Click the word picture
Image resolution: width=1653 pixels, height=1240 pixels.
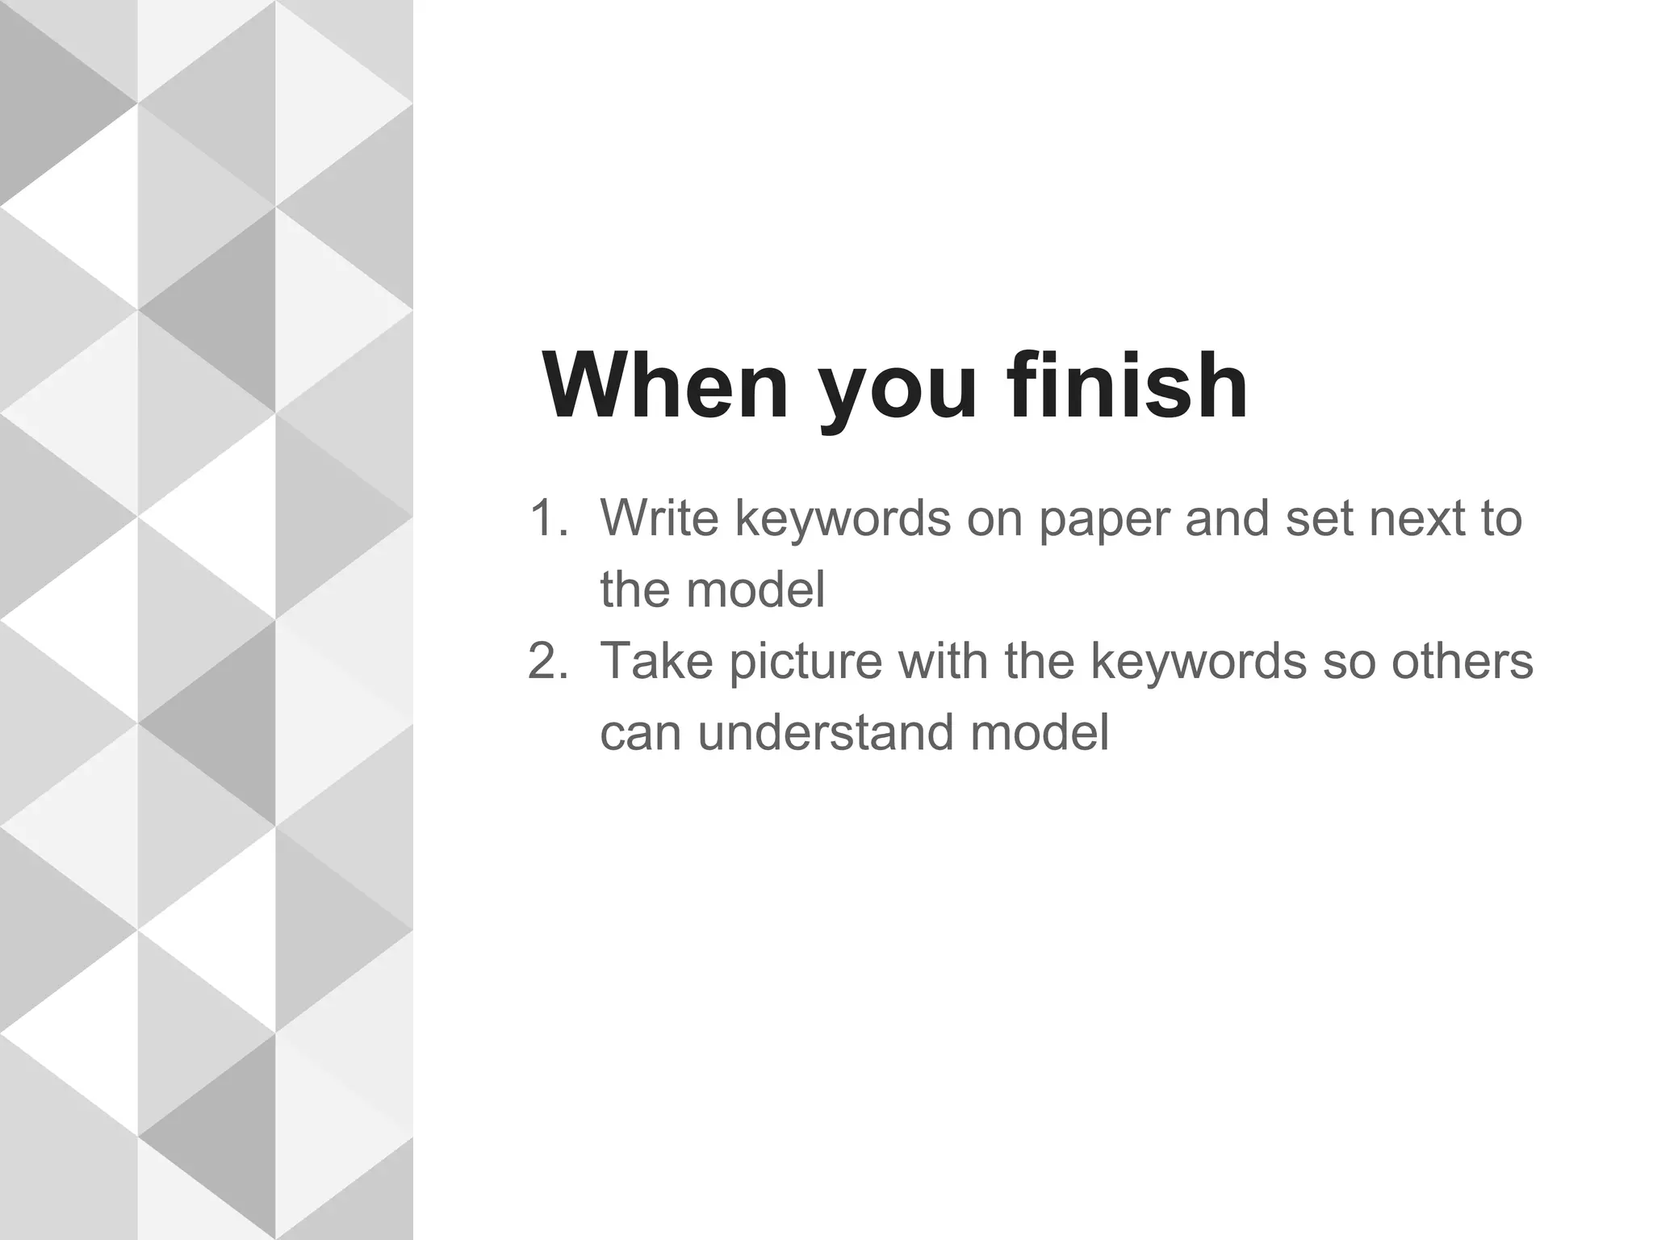pos(806,664)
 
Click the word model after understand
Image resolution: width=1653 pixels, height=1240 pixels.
pos(1040,732)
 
